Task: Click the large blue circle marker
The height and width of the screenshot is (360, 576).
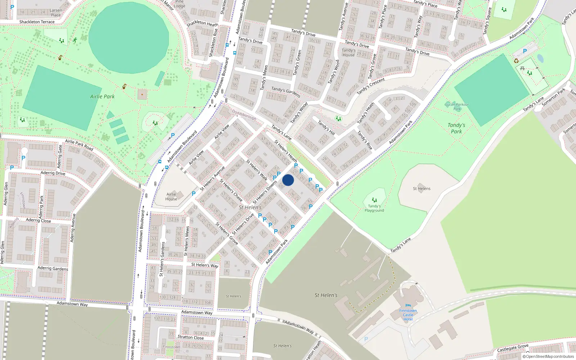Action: (x=288, y=180)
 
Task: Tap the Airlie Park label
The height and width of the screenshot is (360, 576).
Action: (x=102, y=96)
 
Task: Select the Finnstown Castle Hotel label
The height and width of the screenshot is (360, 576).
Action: (x=408, y=315)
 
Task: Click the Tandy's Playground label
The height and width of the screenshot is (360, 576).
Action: (x=374, y=208)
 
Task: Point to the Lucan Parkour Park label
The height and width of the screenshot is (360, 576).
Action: (x=457, y=107)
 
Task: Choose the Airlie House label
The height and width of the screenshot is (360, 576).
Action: (x=171, y=197)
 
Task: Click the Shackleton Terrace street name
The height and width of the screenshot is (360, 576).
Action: (x=37, y=22)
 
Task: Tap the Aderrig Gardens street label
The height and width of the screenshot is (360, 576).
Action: (x=53, y=268)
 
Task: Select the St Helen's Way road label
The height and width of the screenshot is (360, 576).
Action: (x=205, y=265)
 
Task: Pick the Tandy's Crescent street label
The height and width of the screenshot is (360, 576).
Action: (x=371, y=86)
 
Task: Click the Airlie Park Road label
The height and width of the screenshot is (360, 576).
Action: (x=79, y=145)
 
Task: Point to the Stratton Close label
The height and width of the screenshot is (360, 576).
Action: (x=190, y=337)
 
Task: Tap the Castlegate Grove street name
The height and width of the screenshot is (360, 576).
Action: (x=513, y=348)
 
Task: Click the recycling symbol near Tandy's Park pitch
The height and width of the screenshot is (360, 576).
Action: (x=516, y=61)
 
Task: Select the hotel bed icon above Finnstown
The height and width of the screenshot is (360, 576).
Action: (x=408, y=306)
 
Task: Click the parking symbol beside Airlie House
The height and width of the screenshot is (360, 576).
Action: (x=194, y=194)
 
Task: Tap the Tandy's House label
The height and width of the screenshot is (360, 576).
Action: (x=348, y=53)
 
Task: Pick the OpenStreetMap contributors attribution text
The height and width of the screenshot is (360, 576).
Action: (x=548, y=357)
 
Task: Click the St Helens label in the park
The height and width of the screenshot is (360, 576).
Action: (x=422, y=189)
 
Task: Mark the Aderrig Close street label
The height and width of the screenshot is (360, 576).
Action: (x=38, y=220)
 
